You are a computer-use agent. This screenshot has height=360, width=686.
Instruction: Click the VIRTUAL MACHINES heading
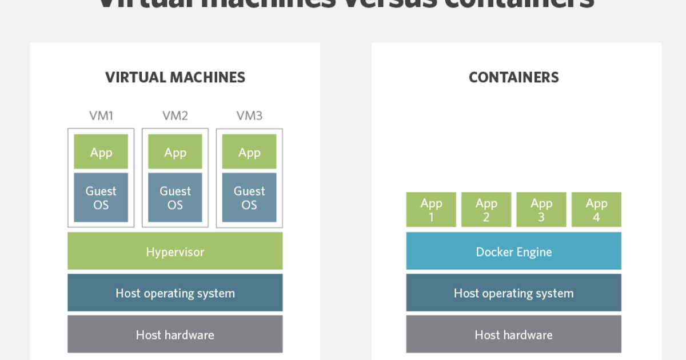point(175,77)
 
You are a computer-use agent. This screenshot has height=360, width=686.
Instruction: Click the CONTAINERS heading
point(513,77)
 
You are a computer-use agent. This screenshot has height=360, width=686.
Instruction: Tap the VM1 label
point(101,116)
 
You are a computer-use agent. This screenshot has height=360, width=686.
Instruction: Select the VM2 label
point(175,116)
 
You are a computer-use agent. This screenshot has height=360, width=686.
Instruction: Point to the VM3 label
point(249,116)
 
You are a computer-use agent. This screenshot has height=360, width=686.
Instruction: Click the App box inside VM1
point(101,152)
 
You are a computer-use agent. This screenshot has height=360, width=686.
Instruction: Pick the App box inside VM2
point(175,152)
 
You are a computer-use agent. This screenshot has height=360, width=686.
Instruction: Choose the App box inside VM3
point(249,152)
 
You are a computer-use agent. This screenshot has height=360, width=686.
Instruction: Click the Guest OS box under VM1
point(101,198)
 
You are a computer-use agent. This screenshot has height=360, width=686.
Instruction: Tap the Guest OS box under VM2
point(175,198)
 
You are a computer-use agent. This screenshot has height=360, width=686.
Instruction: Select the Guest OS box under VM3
point(249,198)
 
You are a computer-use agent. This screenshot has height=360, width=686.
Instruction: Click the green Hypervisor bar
point(175,251)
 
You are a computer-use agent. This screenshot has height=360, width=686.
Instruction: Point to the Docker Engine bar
point(513,251)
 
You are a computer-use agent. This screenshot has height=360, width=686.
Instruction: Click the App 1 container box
point(431,210)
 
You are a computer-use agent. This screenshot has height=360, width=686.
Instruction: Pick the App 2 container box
point(486,210)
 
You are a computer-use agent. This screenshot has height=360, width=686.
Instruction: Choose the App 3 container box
point(541,210)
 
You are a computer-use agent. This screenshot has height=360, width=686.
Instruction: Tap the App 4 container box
point(596,210)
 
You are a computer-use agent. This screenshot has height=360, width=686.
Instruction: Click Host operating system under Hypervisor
point(175,293)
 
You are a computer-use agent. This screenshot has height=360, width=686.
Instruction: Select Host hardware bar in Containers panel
point(513,334)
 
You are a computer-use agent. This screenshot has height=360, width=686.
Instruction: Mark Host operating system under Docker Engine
point(513,293)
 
